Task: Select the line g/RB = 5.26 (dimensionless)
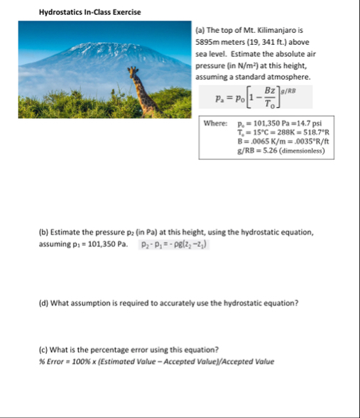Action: click(275, 150)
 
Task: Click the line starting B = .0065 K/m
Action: click(278, 141)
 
